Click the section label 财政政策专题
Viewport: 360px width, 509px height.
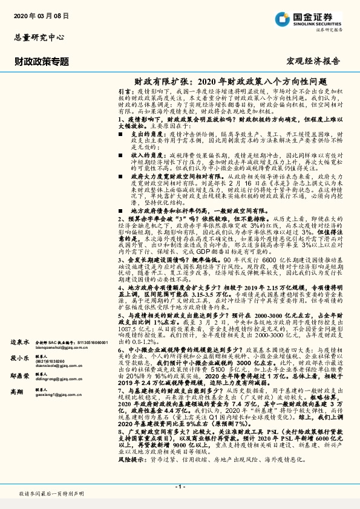click(42, 61)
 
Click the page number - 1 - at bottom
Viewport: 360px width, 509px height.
click(180, 485)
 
